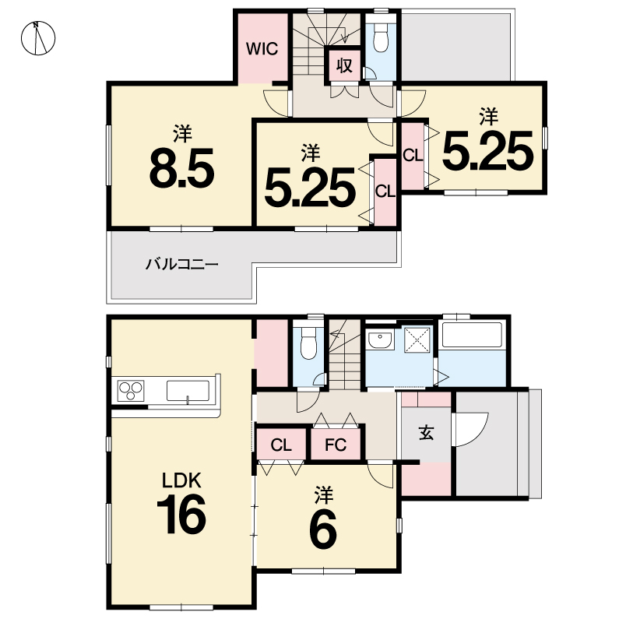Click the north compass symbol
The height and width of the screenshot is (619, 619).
pyautogui.click(x=38, y=38)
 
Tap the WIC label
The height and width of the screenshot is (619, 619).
pyautogui.click(x=262, y=48)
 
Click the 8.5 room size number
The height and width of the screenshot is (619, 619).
pyautogui.click(x=182, y=167)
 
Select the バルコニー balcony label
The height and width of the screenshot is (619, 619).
pyautogui.click(x=182, y=264)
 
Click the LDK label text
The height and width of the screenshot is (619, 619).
pyautogui.click(x=182, y=480)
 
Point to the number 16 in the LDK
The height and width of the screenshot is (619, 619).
pyautogui.click(x=181, y=514)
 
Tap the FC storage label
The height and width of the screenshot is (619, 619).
pyautogui.click(x=336, y=445)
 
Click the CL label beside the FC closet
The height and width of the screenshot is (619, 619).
pyautogui.click(x=281, y=445)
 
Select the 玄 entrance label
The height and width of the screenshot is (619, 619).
pyautogui.click(x=427, y=433)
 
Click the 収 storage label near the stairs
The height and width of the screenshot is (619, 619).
pyautogui.click(x=344, y=65)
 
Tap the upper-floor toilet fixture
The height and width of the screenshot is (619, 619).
pyautogui.click(x=381, y=37)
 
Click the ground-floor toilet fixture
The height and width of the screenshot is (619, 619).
pyautogui.click(x=308, y=343)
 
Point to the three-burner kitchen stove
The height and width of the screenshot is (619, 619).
pyautogui.click(x=131, y=391)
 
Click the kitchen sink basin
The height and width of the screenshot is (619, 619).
pyautogui.click(x=188, y=391)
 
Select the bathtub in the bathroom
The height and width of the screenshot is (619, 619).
pyautogui.click(x=472, y=335)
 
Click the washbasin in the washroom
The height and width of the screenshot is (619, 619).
pyautogui.click(x=380, y=340)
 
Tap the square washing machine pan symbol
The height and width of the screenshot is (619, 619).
pyautogui.click(x=417, y=340)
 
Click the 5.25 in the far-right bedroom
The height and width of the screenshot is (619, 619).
pyautogui.click(x=488, y=151)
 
